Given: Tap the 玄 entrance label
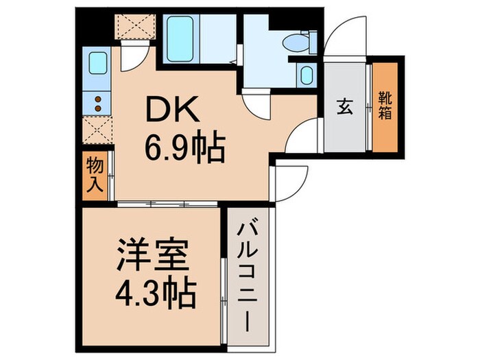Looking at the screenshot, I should click(345, 108).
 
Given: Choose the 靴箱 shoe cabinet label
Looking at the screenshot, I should click(385, 108).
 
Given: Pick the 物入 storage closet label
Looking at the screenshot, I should click(95, 173).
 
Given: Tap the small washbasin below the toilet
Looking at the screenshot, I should click(306, 75).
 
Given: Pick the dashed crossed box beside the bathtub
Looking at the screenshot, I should click(134, 26).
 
